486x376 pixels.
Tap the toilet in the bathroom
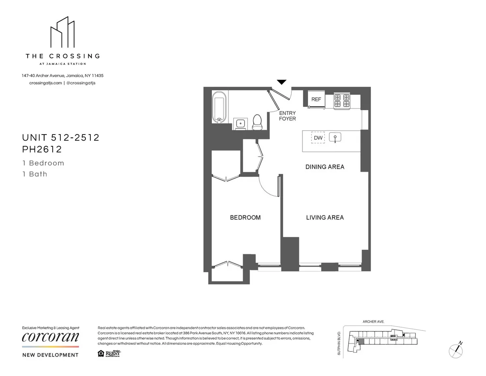(x=257, y=122)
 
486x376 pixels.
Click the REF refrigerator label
(x=316, y=99)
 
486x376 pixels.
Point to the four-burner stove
(x=341, y=100)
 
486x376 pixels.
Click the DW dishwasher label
(x=318, y=138)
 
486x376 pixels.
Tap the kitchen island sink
(x=335, y=137)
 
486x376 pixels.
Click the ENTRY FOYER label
(x=288, y=116)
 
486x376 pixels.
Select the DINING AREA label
(x=325, y=167)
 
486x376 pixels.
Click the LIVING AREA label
(x=325, y=218)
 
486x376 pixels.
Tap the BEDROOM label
(x=245, y=218)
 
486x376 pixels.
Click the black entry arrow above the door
(x=282, y=82)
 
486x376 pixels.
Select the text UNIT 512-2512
(x=61, y=138)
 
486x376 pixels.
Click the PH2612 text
(x=42, y=150)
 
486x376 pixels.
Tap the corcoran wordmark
(x=51, y=337)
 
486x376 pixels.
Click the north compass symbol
(x=456, y=348)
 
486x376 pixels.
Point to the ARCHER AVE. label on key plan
(x=373, y=322)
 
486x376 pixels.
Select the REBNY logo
(x=113, y=353)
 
